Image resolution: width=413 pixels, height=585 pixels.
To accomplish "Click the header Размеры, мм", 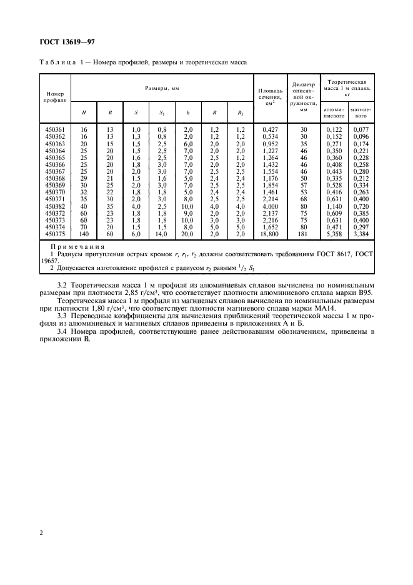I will (162, 89).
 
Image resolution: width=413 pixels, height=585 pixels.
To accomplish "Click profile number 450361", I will (55, 129).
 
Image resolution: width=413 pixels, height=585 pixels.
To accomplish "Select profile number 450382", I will (55, 206).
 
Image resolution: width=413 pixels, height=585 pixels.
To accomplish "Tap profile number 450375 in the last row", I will (55, 233).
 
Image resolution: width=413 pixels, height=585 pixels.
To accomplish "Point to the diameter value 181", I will (304, 233).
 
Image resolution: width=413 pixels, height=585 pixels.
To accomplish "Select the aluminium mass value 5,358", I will (335, 233).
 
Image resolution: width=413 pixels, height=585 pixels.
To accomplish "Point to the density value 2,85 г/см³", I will (156, 293).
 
